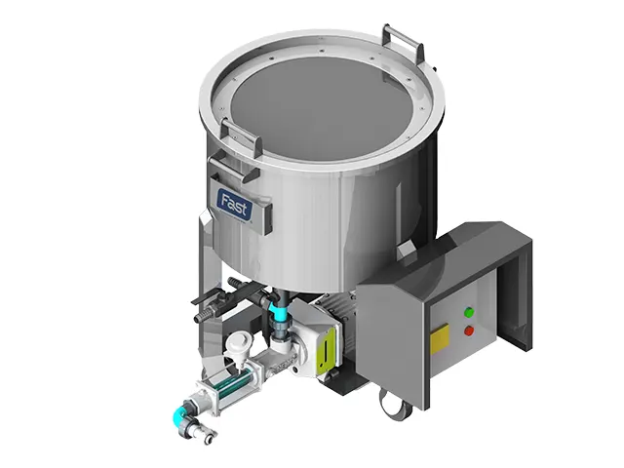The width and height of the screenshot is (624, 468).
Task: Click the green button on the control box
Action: pyautogui.click(x=470, y=312)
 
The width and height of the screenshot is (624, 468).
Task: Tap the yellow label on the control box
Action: pyautogui.click(x=440, y=338)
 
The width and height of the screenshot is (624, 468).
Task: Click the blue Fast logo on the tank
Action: pyautogui.click(x=234, y=204)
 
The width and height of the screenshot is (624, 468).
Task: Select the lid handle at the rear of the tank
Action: pyautogui.click(x=402, y=43)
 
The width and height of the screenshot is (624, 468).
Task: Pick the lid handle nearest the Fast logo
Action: pyautogui.click(x=241, y=134)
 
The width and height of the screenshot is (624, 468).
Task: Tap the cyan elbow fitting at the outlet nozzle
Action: pyautogui.click(x=179, y=412)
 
